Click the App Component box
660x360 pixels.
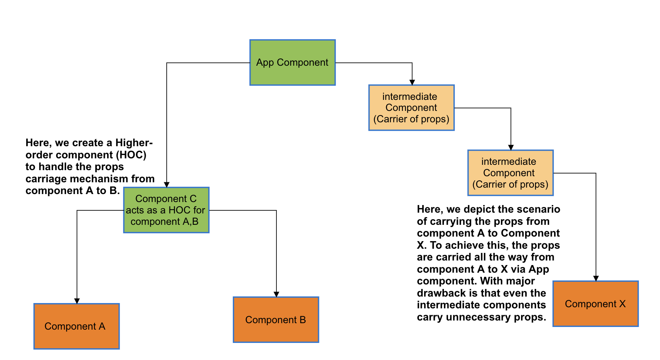pyautogui.click(x=292, y=62)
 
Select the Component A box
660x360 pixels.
pyautogui.click(x=76, y=326)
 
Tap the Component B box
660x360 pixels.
pyautogui.click(x=276, y=320)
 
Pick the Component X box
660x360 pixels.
pyautogui.click(x=595, y=304)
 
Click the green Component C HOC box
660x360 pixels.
pyautogui.click(x=166, y=210)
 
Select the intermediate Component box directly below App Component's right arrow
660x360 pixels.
pyautogui.click(x=411, y=108)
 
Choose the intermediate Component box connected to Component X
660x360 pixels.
pyautogui.click(x=510, y=173)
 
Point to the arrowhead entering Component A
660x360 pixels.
pyautogui.click(x=77, y=301)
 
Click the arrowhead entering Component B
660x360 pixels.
pyautogui.click(x=276, y=294)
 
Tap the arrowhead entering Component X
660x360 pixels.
pyautogui.click(x=596, y=278)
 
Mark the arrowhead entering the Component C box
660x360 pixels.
pyautogui.click(x=167, y=185)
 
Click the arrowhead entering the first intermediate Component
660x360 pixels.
pyautogui.click(x=412, y=82)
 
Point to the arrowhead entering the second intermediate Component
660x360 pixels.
pyautogui.click(x=511, y=147)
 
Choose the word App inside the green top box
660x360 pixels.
pyautogui.click(x=265, y=63)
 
